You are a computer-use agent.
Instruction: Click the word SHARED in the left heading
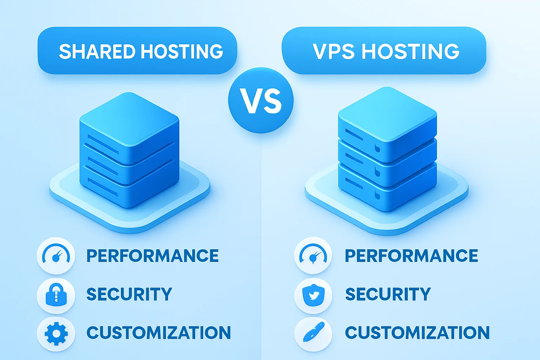[x=97, y=52]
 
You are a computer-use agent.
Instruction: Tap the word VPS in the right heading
[x=334, y=52]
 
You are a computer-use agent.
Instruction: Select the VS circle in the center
[x=261, y=101]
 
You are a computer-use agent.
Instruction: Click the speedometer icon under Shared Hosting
[x=56, y=256]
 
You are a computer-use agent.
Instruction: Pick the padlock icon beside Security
[x=56, y=295]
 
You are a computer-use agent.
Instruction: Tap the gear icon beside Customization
[x=56, y=333]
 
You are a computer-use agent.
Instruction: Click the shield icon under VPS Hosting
[x=313, y=295]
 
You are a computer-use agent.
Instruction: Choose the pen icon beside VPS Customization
[x=313, y=333]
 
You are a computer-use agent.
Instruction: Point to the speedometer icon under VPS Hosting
[x=313, y=256]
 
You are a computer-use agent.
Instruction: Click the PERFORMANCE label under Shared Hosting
[x=153, y=256]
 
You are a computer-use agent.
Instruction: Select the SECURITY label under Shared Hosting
[x=129, y=294]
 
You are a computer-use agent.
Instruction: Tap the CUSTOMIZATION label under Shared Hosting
[x=159, y=333]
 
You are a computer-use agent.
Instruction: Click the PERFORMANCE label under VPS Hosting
[x=411, y=256]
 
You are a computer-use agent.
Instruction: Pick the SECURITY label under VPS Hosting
[x=388, y=294]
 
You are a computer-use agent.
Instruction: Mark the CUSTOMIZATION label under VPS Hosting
[x=417, y=333]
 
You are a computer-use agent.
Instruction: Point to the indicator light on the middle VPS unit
[x=378, y=172]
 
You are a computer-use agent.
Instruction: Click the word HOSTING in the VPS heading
[x=410, y=52]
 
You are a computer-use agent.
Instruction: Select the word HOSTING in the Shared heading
[x=182, y=52]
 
